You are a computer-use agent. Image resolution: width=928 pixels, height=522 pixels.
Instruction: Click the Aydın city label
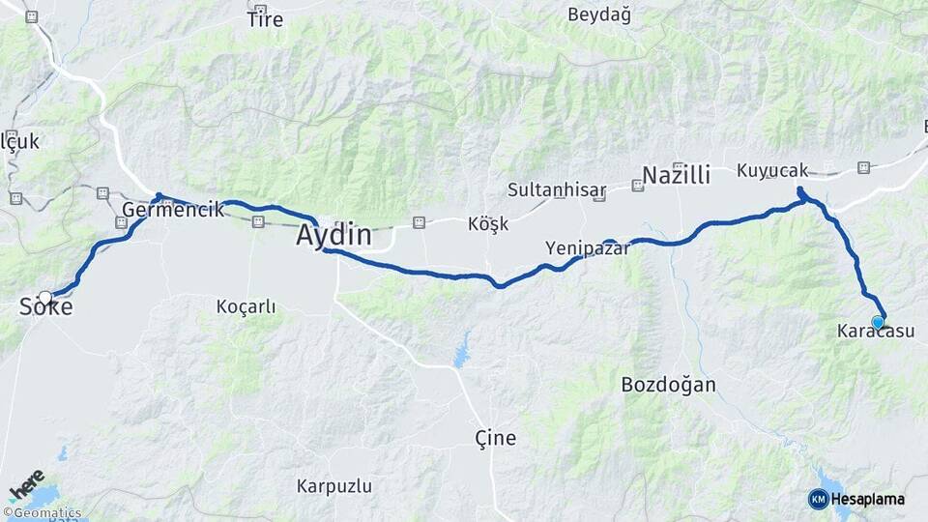point(333,235)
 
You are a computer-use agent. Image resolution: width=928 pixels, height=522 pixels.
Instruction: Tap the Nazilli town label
point(676,175)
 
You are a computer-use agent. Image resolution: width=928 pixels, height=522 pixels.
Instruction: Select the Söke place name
point(45,308)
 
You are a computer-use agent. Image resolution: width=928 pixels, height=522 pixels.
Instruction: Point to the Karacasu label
point(875,332)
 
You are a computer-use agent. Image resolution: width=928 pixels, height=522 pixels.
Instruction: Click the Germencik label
point(173,210)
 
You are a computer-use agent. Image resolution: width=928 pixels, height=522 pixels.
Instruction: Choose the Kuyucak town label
point(771,171)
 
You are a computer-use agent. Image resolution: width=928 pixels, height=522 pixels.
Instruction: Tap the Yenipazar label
point(587,248)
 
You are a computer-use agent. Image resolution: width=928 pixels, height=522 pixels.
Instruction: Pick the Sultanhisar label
point(557,189)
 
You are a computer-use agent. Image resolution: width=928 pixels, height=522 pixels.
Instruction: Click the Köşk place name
point(487,223)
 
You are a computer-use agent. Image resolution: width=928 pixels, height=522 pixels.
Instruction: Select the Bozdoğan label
point(668,385)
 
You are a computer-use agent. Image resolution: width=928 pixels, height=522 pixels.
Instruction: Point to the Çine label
point(496,438)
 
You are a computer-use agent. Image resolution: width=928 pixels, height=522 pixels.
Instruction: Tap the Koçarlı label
point(246,307)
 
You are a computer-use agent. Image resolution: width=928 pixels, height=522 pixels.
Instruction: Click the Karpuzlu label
point(333,486)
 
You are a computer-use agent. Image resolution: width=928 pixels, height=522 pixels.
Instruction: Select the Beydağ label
point(598,14)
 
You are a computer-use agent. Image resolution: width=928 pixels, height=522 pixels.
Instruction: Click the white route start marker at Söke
point(45,298)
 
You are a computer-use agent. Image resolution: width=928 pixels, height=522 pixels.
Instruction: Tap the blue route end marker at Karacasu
point(878,322)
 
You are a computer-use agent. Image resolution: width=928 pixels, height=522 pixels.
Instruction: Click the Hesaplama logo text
point(867,499)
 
